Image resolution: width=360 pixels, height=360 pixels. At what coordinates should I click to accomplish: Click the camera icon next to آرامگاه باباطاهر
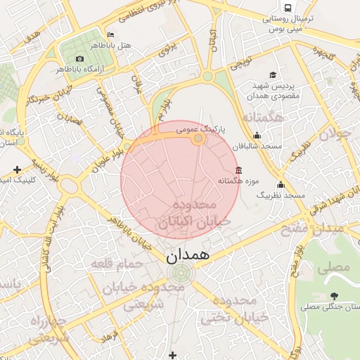click(x=79, y=58)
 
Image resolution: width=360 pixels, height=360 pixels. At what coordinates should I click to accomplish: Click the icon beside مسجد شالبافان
click(x=257, y=136)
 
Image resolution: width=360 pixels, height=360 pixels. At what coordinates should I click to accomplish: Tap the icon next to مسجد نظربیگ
click(x=281, y=184)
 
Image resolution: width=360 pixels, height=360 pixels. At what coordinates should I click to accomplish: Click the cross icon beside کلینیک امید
click(x=17, y=170)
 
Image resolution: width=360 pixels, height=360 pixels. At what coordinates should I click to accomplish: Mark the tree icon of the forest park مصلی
click(x=333, y=296)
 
